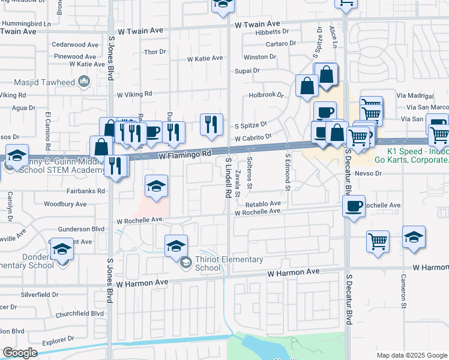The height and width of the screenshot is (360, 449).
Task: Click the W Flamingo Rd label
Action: (x=185, y=155)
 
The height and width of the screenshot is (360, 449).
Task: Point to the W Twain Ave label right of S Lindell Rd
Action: (x=258, y=25)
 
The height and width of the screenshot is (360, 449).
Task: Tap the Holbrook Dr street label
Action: (x=266, y=95)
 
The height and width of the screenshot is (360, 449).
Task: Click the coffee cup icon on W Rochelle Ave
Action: (x=354, y=206)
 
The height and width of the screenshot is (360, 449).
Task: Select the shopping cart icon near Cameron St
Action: (x=378, y=242)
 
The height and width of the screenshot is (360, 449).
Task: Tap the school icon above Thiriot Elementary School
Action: (x=176, y=245)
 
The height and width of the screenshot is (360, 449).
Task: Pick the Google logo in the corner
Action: (x=20, y=352)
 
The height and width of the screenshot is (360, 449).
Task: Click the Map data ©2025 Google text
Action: (x=411, y=355)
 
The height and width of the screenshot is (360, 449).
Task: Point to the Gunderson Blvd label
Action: (x=82, y=229)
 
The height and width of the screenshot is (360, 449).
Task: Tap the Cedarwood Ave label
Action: (x=75, y=45)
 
